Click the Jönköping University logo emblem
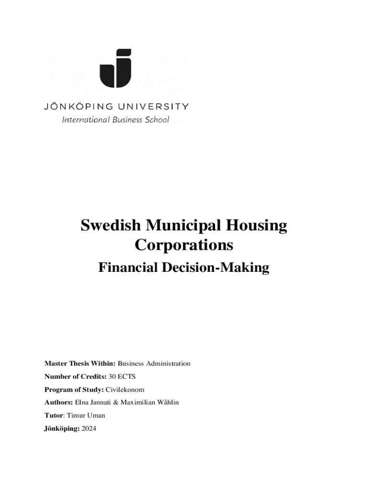[x=115, y=68]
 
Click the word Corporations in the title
[x=184, y=245]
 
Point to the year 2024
[x=89, y=429]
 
